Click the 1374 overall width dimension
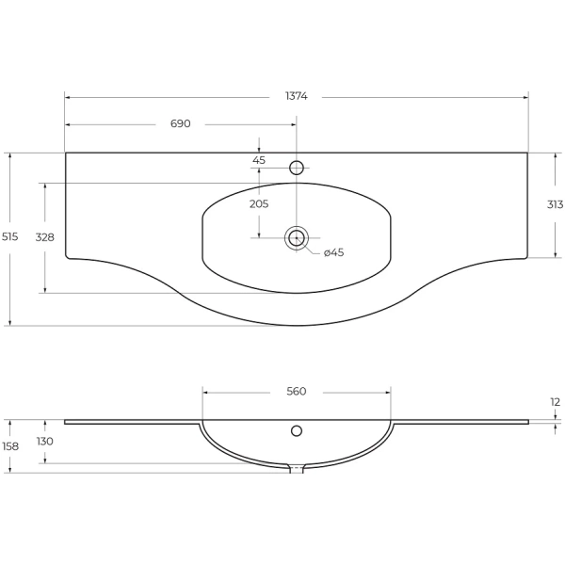click(x=297, y=96)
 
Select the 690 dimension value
click(x=180, y=123)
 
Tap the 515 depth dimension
click(x=9, y=236)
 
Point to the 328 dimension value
click(x=44, y=237)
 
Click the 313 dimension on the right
click(x=555, y=204)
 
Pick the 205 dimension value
click(x=259, y=204)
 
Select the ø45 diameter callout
click(x=333, y=252)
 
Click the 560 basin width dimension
click(x=297, y=391)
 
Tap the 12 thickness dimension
click(x=556, y=402)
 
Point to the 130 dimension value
click(x=44, y=441)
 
